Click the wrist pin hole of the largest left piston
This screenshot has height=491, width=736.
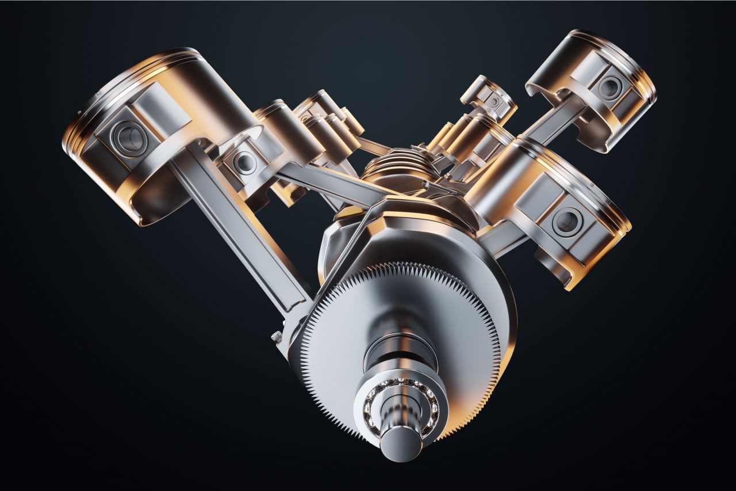[128, 136]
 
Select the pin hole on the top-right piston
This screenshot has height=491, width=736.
[609, 87]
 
